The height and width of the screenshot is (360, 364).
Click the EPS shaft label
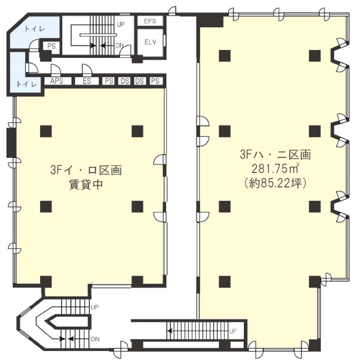pos(150,21)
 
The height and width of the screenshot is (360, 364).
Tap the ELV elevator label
pos(150,42)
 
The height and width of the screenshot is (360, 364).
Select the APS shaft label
pos(56,81)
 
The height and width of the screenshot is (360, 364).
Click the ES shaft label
pos(87,81)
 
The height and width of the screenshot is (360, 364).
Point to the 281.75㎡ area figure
pos(275,169)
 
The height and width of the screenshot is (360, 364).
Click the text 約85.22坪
pos(275,183)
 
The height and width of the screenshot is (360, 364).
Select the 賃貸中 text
pos(86,185)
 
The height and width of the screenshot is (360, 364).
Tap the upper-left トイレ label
pos(35,29)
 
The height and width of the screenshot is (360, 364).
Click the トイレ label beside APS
pos(26,84)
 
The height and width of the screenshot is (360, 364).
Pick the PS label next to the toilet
pos(51,46)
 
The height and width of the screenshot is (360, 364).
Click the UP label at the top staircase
pos(121,25)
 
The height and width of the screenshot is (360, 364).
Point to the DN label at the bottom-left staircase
pos(95,339)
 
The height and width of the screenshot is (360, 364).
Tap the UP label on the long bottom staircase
pos(233,331)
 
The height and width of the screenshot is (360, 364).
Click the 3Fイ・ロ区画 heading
pos(86,170)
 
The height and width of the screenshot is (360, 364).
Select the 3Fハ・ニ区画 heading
pos(275,154)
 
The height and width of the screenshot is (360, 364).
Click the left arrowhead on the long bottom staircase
pos(170,330)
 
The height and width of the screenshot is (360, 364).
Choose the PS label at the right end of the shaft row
pos(155,81)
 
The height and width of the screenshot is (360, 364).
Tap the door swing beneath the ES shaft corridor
pos(87,70)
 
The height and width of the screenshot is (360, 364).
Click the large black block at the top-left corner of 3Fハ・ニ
pos(210,20)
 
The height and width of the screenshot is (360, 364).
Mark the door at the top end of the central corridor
pos(172,11)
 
